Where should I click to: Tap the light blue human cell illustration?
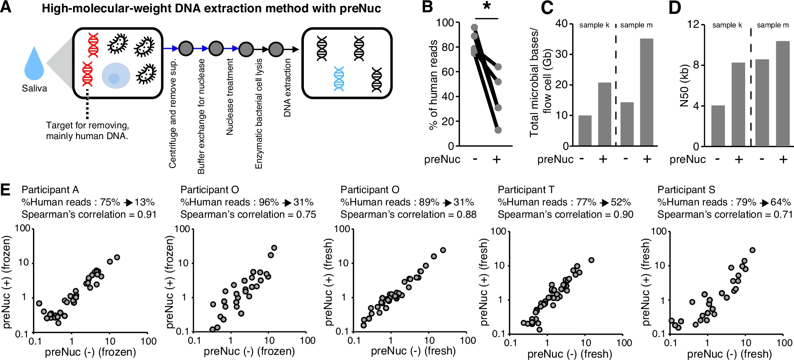point(116,76)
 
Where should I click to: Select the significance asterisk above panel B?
point(487,7)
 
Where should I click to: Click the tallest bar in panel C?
point(647,92)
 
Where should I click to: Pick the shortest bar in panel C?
point(585,131)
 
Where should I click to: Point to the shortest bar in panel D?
point(718,126)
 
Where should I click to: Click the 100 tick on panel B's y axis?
point(445,23)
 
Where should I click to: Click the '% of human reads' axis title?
point(433,85)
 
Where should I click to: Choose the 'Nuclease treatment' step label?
point(230,97)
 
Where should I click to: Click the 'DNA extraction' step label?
point(287,88)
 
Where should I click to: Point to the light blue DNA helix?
point(339,79)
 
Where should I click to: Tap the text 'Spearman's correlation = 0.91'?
point(89,215)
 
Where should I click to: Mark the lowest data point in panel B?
point(498,130)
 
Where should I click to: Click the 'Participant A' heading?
point(50,190)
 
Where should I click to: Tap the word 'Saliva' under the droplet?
point(34,88)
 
